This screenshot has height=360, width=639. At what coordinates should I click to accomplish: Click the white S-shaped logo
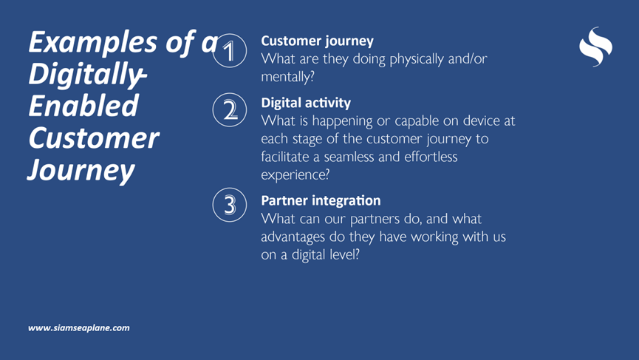coord(595,47)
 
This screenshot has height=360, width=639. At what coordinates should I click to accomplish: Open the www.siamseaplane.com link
coord(78,327)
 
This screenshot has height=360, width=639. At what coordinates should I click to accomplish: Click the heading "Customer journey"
coord(317,41)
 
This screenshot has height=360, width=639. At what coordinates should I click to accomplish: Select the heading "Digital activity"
coord(306,103)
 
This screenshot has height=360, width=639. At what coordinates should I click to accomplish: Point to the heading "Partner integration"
coord(321,200)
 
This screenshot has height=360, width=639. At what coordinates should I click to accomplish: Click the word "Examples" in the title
coord(93,42)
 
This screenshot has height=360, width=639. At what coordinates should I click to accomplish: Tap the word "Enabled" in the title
coord(83,105)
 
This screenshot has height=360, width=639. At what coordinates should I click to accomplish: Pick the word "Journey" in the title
coord(81,171)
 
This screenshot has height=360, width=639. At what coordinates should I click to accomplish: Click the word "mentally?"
coord(287,77)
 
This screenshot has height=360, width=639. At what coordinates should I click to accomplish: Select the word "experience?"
coord(295,174)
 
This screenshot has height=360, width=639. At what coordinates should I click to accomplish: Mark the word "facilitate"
coord(285,157)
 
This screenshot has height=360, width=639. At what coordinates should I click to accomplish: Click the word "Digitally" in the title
coord(86,74)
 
